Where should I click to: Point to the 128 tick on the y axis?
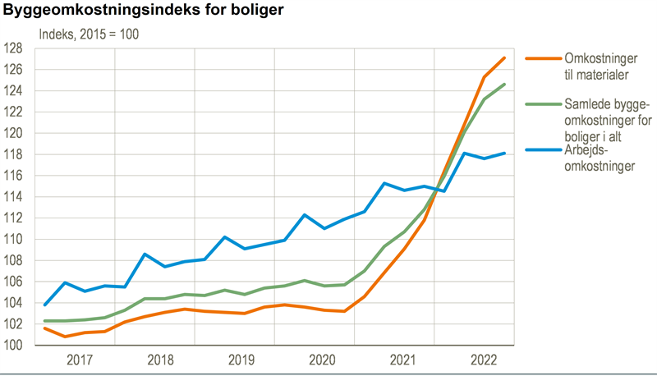[16, 48]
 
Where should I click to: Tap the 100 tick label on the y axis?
[16, 346]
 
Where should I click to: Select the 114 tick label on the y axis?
[16, 197]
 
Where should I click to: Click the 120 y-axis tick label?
[16, 133]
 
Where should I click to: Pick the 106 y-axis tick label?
[16, 282]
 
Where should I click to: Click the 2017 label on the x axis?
[80, 360]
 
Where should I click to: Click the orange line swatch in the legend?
[542, 59]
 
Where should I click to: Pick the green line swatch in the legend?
[542, 104]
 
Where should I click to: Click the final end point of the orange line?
[504, 57]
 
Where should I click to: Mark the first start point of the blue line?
[44, 305]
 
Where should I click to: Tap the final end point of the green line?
[504, 84]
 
